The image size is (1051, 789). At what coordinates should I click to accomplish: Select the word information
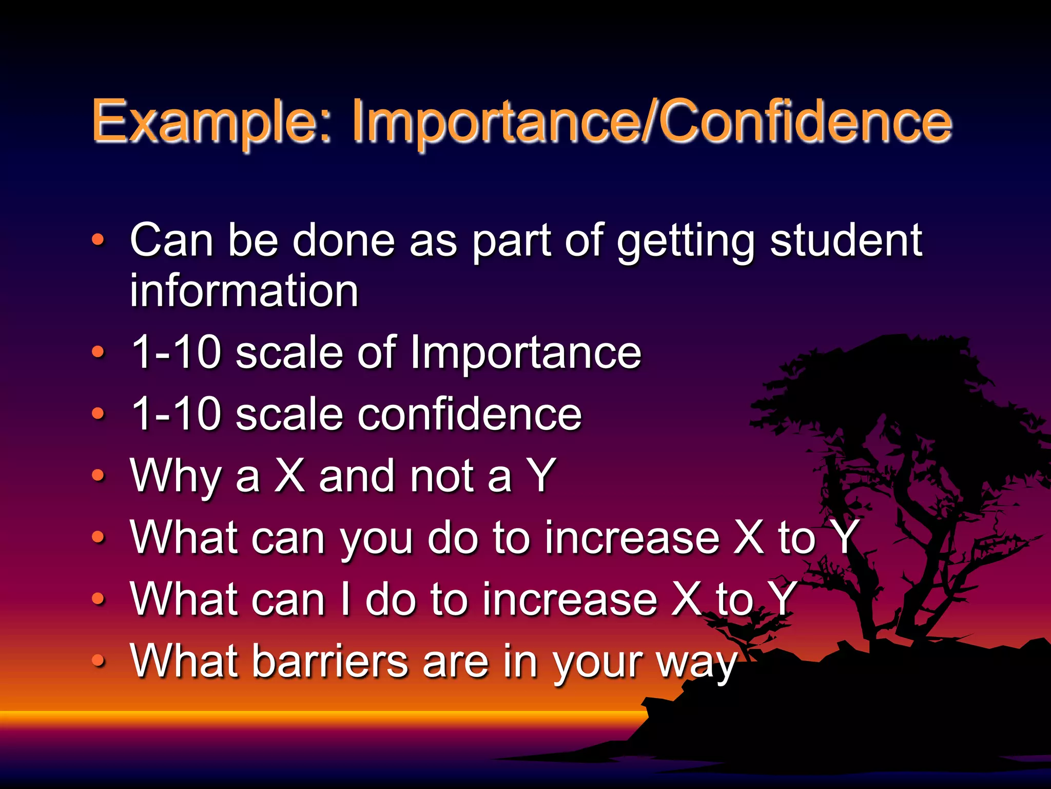tap(244, 291)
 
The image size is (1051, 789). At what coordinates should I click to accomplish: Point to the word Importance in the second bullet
tap(525, 353)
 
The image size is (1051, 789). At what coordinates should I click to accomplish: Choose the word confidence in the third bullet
tap(469, 415)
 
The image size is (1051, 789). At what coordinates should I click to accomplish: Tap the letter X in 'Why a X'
tap(289, 476)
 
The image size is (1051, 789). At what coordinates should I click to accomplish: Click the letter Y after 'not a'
tap(540, 476)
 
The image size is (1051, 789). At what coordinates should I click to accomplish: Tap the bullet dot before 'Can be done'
tap(98, 239)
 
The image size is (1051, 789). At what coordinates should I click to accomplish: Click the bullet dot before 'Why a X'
tap(98, 476)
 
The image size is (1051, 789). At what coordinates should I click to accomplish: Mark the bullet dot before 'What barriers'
tap(98, 661)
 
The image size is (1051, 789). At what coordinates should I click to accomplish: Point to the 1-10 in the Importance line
tap(176, 353)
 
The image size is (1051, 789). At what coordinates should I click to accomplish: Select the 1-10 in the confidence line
tap(176, 415)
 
